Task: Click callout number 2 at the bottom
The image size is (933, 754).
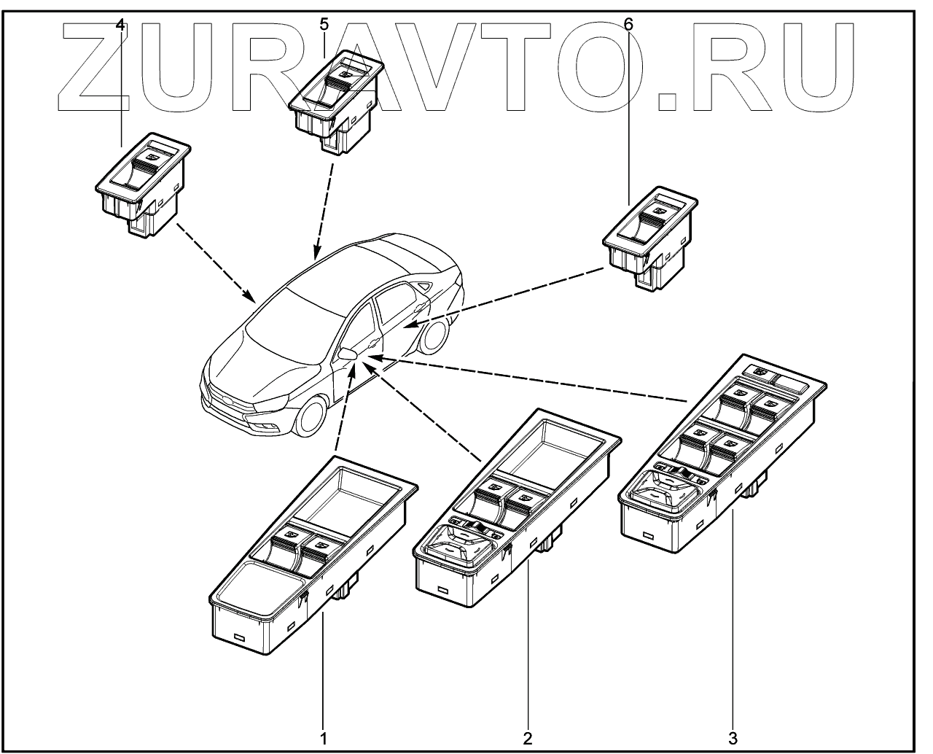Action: coord(528,737)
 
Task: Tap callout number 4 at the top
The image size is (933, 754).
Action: coord(121,24)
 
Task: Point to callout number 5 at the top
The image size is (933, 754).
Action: coord(324,24)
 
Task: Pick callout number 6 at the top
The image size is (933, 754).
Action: coord(628,24)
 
